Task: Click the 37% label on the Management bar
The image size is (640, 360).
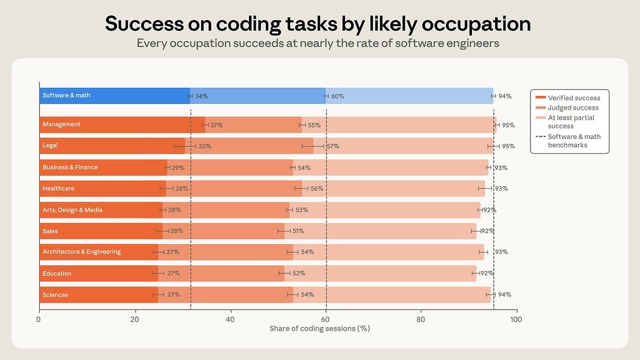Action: (x=217, y=125)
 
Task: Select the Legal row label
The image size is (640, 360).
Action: (x=50, y=145)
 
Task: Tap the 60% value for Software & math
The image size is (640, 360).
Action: (x=337, y=97)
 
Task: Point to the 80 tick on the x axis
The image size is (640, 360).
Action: (x=420, y=319)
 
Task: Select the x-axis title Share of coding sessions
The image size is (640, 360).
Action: (x=319, y=329)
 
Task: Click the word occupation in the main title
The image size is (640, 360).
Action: (x=476, y=24)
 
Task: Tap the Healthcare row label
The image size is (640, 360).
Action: (x=59, y=189)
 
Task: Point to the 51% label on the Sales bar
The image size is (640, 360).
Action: (x=298, y=231)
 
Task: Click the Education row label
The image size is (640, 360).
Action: (x=57, y=273)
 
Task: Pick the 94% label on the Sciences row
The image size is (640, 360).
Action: (x=504, y=295)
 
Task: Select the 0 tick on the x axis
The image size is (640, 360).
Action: (x=39, y=319)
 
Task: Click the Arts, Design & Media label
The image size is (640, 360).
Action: (x=72, y=210)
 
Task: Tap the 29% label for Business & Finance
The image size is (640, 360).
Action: (x=178, y=168)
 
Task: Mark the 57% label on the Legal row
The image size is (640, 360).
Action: (x=333, y=146)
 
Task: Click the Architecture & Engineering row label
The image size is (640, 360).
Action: (x=82, y=252)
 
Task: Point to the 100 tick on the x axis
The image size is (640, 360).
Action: (x=516, y=319)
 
